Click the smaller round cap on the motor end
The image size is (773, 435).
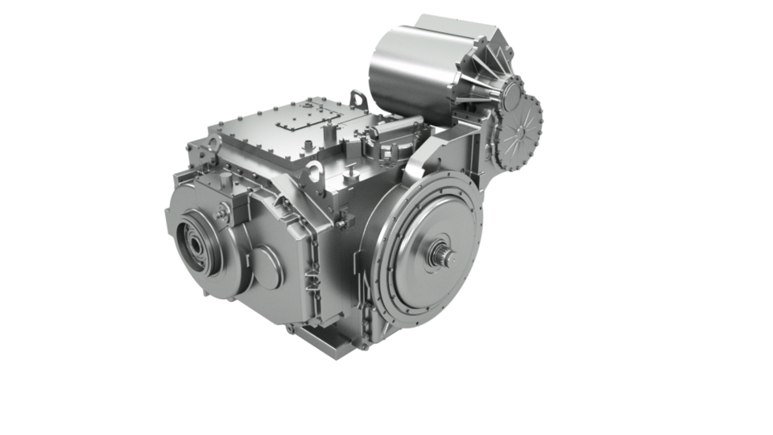coord(509,95)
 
